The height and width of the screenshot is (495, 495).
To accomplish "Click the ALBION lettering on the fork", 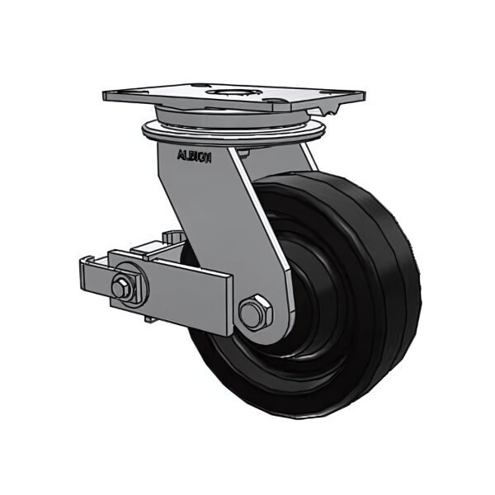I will [x=195, y=155].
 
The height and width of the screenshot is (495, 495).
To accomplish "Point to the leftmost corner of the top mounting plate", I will [x=106, y=96].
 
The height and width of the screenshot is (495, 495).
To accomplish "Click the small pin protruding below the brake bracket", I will [x=147, y=317].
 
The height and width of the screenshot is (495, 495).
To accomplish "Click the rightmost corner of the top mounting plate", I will [x=364, y=92].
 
